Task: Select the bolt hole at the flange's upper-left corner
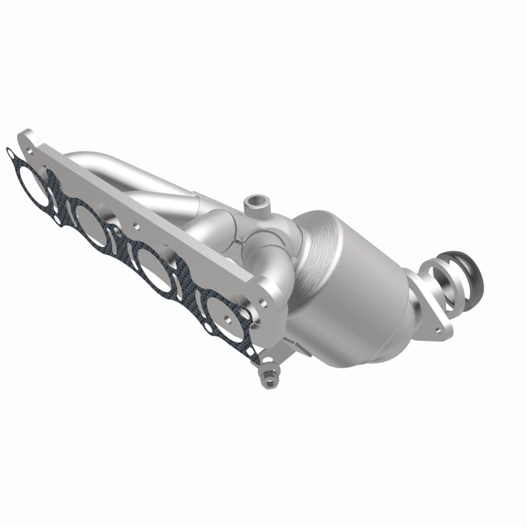click(31, 140)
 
